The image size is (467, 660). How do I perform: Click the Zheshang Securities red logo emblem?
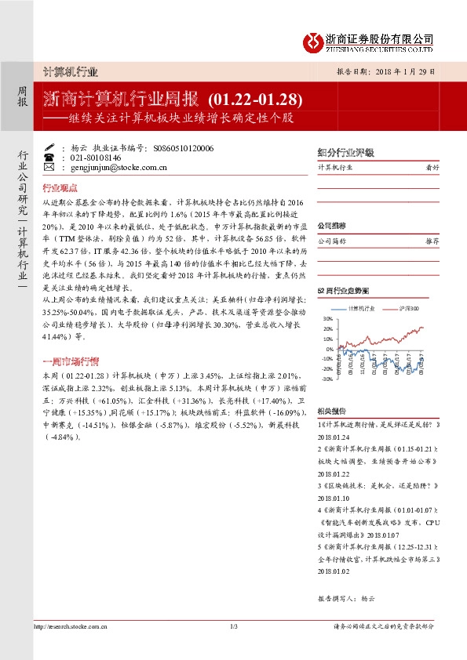(314, 41)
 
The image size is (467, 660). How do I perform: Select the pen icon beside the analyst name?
(49, 147)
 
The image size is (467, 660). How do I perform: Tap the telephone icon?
(49, 157)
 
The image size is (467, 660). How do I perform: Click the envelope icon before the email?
(49, 167)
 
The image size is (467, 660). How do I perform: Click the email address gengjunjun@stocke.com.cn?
(113, 167)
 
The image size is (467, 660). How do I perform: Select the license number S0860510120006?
(184, 147)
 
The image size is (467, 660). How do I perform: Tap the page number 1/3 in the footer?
(234, 626)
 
